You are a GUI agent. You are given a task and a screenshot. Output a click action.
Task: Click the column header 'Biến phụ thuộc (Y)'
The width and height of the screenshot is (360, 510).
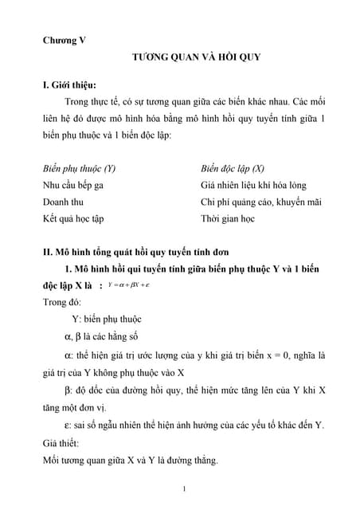[79, 170]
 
